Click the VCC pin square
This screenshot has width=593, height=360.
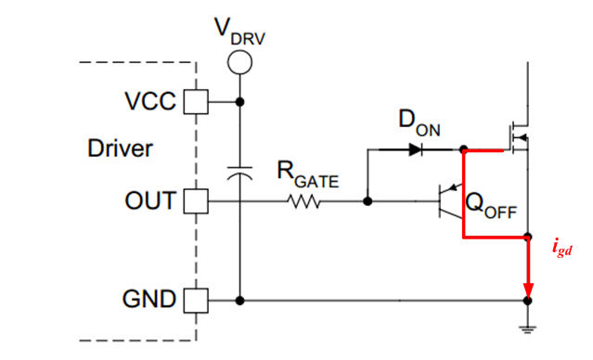point(195,101)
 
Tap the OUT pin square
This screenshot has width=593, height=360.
point(195,199)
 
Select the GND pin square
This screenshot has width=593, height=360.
point(195,300)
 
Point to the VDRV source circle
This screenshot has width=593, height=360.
point(240,62)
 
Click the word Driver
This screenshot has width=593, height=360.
point(120,148)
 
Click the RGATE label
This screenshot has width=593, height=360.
point(308,173)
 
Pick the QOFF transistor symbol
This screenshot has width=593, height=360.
point(450,200)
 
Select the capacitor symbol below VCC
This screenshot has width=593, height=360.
point(240,173)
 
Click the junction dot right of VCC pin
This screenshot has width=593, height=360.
point(240,101)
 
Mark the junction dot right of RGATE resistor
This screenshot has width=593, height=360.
point(368,199)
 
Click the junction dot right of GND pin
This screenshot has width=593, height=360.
point(240,300)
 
